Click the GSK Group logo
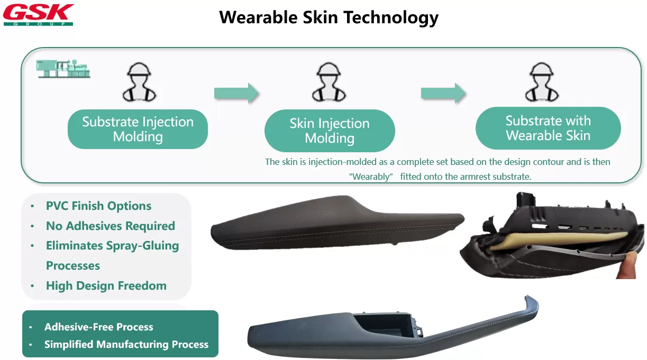coord(39,15)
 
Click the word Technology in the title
coord(391,17)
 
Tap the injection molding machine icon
coord(63,69)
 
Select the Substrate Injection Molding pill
coord(138,129)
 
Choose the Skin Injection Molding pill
coord(330,131)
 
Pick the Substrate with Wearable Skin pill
coord(548,128)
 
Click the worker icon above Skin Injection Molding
coord(329,82)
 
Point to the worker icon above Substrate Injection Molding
coord(139,82)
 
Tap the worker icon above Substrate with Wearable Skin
coord(542,82)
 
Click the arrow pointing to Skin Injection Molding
coord(236,93)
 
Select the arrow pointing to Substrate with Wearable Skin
coord(443,93)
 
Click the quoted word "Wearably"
coord(371,177)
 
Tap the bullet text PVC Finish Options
coord(98,206)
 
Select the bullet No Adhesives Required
coord(111,226)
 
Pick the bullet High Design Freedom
coord(106,285)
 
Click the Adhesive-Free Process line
coord(98,327)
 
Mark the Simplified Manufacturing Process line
coord(126,344)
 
